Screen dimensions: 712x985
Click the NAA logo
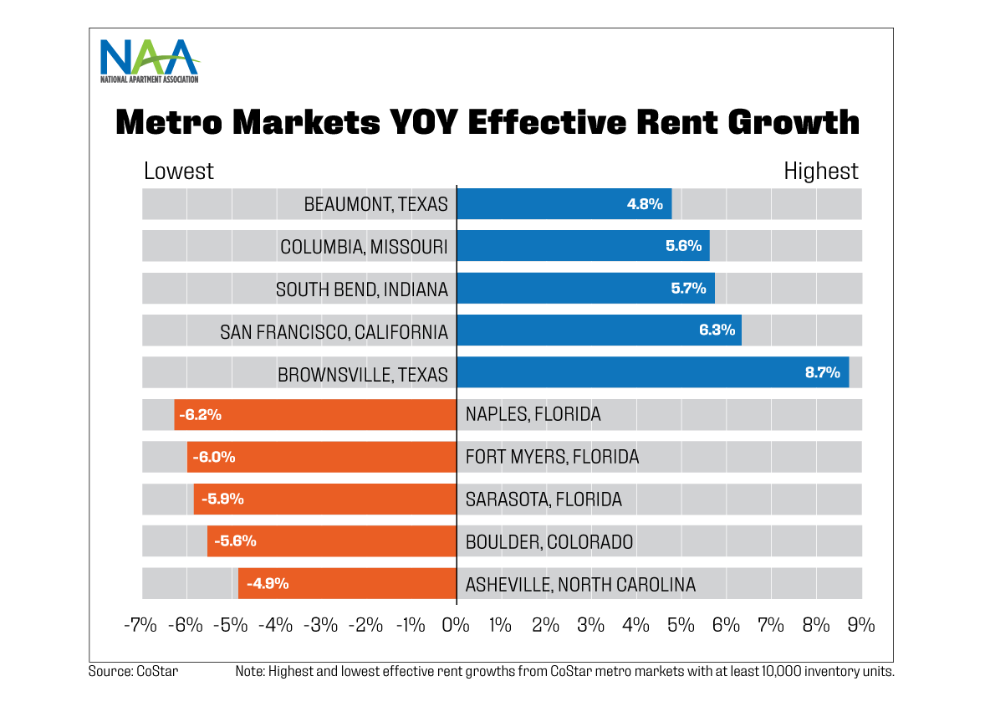tap(149, 59)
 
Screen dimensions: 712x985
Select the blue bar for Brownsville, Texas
tap(652, 372)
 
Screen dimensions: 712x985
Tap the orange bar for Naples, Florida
tap(314, 414)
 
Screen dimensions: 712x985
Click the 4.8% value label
tap(645, 203)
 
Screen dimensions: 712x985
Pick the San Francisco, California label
tap(334, 332)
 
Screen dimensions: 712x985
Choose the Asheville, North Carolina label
tap(580, 585)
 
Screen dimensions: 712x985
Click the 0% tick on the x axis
tap(456, 624)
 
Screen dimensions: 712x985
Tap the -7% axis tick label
tap(140, 624)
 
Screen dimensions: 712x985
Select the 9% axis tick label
tap(860, 624)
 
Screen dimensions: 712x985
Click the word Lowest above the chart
tap(178, 172)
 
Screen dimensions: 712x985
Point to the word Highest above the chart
tap(820, 172)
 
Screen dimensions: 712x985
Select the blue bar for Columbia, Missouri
tap(583, 246)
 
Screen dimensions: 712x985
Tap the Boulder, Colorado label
tap(549, 542)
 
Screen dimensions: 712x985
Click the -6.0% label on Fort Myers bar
tap(213, 457)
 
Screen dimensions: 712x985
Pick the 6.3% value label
tap(717, 330)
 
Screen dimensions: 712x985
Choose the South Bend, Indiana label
tap(361, 289)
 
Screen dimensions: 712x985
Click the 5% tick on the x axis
tap(681, 624)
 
